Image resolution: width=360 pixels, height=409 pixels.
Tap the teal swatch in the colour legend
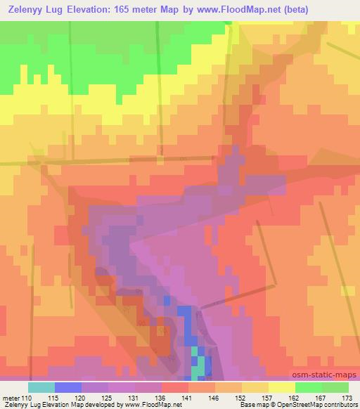[x=41, y=387]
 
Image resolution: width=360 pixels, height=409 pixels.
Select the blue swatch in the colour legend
[x=68, y=387]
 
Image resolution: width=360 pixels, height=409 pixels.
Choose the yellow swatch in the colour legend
[x=282, y=387]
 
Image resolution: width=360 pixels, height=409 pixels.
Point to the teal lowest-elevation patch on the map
[x=200, y=365]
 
